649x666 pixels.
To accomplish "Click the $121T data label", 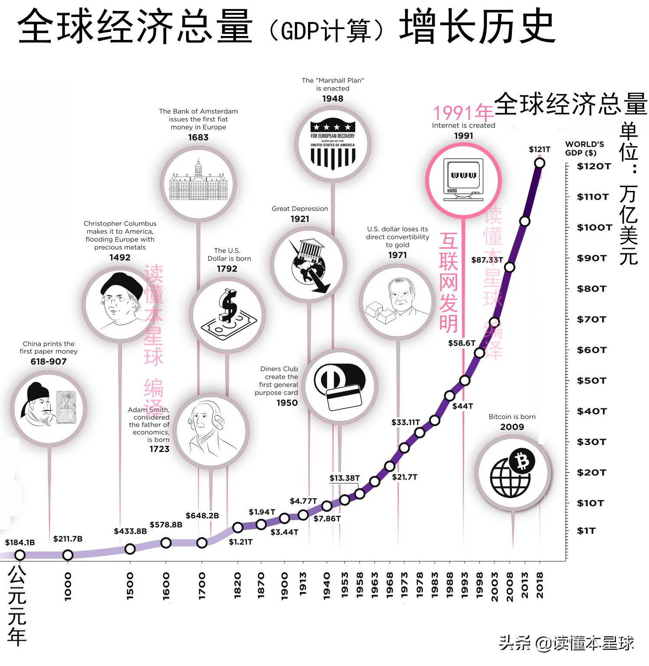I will click(x=539, y=149).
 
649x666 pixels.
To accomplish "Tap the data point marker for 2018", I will click(x=539, y=163).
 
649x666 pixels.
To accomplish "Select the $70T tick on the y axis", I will click(x=591, y=319).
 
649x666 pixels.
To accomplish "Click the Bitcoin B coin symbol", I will click(x=522, y=461).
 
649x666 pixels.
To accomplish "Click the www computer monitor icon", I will click(x=463, y=179).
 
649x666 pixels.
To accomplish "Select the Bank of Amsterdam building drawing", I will click(x=198, y=182).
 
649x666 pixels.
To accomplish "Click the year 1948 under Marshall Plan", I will click(x=333, y=98).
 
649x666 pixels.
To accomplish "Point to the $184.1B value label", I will click(x=20, y=542).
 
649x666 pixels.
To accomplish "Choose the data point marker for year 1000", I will click(x=68, y=555).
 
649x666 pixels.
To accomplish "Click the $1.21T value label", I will click(x=240, y=542).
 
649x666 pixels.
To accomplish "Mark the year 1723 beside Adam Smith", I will click(x=159, y=449).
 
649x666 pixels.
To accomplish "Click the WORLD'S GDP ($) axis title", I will click(x=584, y=148).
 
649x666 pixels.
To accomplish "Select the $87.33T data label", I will click(x=487, y=260).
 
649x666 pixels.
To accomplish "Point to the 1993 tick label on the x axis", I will click(x=465, y=586).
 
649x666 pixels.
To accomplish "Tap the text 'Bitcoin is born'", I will click(x=512, y=417).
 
